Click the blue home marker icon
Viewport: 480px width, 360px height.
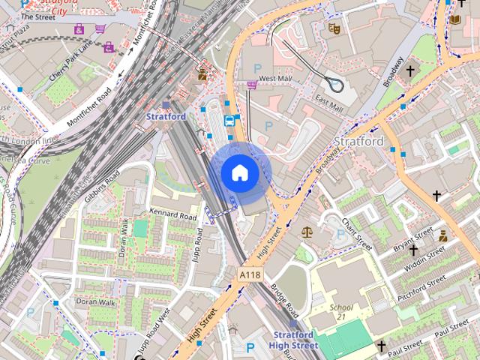coord(239,172)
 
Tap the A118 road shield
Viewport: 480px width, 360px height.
coord(250,276)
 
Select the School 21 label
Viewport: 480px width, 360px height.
coord(341,313)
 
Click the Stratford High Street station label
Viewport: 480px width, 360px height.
coord(293,340)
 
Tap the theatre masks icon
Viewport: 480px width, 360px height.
coord(334,28)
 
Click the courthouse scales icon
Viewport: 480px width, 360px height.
coord(306,232)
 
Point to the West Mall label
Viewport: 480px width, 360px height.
coord(274,78)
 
